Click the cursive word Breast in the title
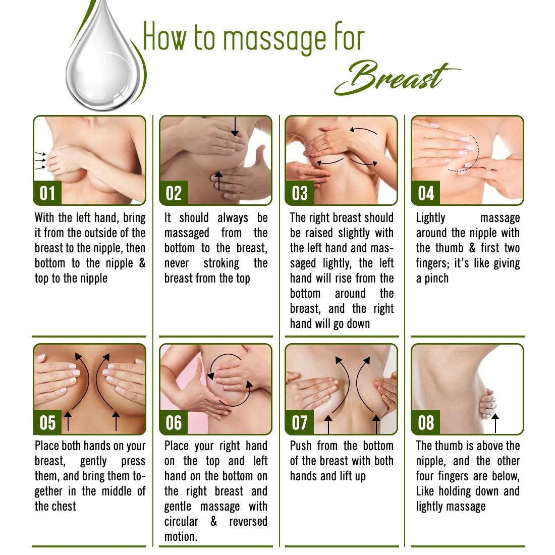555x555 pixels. pyautogui.click(x=397, y=77)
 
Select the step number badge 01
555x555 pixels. pyautogui.click(x=47, y=193)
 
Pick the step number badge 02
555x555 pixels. pyautogui.click(x=174, y=193)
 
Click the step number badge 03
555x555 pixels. pyautogui.click(x=299, y=193)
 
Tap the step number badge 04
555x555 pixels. pyautogui.click(x=425, y=193)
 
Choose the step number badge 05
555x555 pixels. pyautogui.click(x=47, y=423)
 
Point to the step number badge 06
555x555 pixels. pyautogui.click(x=174, y=423)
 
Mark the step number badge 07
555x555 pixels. pyautogui.click(x=299, y=423)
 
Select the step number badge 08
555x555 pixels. pyautogui.click(x=425, y=423)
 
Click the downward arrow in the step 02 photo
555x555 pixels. pyautogui.click(x=235, y=127)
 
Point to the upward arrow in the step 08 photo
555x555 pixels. pyautogui.click(x=495, y=423)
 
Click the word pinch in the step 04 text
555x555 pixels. pyautogui.click(x=436, y=279)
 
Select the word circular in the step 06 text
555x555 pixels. pyautogui.click(x=181, y=522)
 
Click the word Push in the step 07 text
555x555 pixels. pyautogui.click(x=301, y=446)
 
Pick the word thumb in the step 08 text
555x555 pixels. pyautogui.click(x=449, y=446)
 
